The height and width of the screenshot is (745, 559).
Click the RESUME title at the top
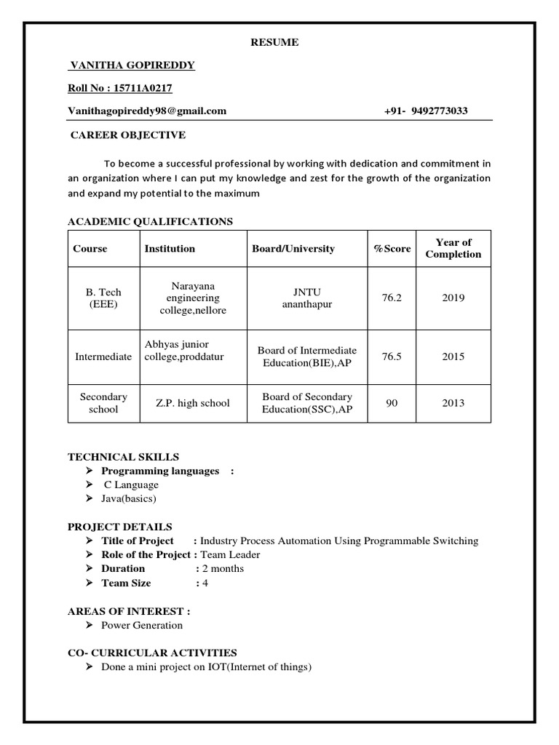tap(274, 43)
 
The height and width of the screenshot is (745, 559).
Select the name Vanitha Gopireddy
tap(132, 65)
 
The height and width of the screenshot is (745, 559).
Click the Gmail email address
tap(147, 111)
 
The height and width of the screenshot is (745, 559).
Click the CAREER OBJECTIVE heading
tap(127, 135)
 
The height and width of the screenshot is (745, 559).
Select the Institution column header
tap(170, 249)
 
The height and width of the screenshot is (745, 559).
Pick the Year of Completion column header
tap(453, 248)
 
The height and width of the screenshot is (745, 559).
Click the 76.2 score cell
tap(392, 298)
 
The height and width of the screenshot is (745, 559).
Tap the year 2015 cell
tap(453, 356)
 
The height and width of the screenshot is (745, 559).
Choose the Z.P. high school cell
tap(192, 403)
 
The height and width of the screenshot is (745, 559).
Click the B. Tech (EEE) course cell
tap(103, 298)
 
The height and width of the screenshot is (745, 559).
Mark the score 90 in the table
tap(392, 403)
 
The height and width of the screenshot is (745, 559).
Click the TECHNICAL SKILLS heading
tap(123, 457)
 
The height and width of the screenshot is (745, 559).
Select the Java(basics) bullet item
tap(129, 498)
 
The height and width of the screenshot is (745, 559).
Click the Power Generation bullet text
tap(142, 625)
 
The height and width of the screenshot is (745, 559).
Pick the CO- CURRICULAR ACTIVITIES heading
tap(152, 653)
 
